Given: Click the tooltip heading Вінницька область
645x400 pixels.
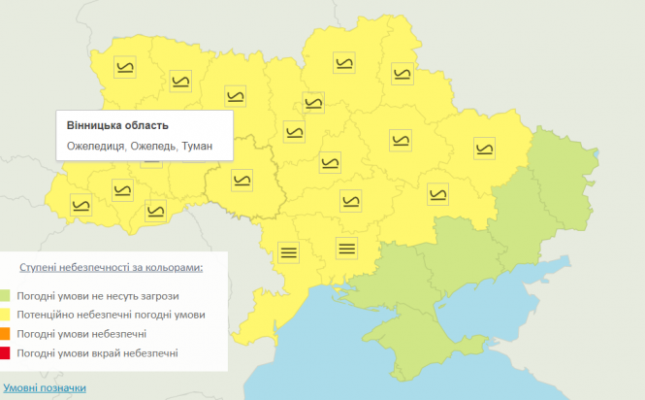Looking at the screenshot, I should click(x=117, y=126).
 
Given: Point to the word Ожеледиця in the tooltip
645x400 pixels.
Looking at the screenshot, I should click(x=95, y=147).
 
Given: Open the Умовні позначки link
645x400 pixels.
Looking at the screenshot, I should click(x=44, y=388).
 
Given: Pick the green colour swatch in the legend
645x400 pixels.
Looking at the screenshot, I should click(x=6, y=295).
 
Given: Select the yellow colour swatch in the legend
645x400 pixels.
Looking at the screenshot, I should click(x=6, y=315).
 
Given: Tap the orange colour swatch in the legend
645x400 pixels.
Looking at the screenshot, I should click(x=6, y=334).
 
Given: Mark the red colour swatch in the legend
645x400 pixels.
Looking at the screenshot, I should click(x=6, y=353).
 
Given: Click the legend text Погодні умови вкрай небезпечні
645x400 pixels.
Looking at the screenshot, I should click(x=97, y=353).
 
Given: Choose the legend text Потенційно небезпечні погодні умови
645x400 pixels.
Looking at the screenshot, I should click(x=111, y=315).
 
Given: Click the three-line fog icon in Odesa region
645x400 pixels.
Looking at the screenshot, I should click(x=288, y=251).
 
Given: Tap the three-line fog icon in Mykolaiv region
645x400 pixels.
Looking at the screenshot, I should click(x=346, y=247).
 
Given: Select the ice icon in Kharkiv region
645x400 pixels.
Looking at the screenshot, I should click(x=484, y=148).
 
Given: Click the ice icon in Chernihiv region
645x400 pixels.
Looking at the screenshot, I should click(x=344, y=65).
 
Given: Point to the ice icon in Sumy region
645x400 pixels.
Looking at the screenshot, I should click(x=402, y=73).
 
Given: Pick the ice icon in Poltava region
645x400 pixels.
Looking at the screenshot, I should click(x=400, y=141).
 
